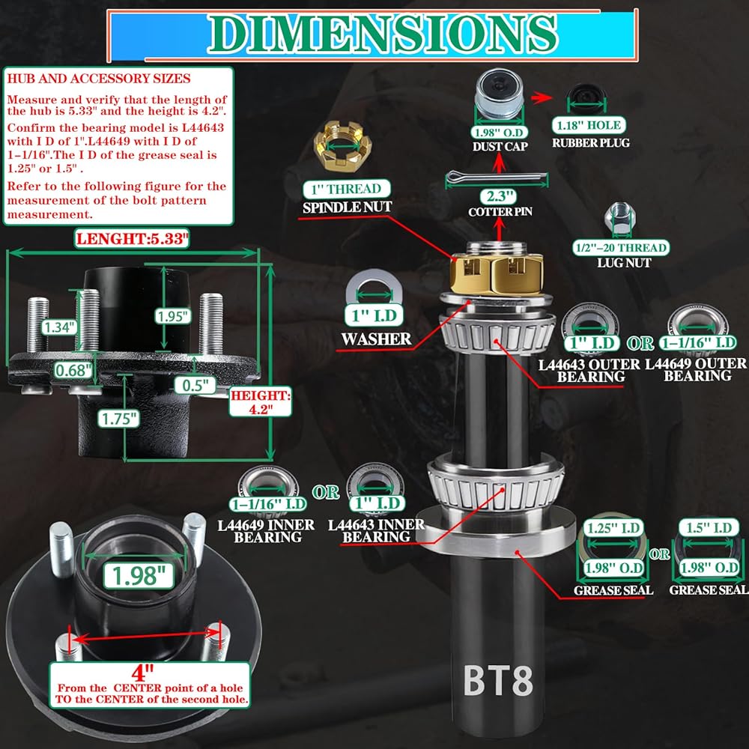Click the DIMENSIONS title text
(x=382, y=34)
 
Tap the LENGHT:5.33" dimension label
(x=132, y=238)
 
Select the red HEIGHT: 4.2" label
(x=261, y=401)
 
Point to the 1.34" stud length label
(x=58, y=327)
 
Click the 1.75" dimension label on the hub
(x=119, y=419)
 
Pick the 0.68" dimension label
(x=73, y=370)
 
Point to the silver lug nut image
(x=620, y=219)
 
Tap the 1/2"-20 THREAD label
(x=620, y=247)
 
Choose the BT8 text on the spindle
(x=498, y=681)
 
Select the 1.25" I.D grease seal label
(x=613, y=528)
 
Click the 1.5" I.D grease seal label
(x=709, y=527)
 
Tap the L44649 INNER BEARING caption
(x=266, y=531)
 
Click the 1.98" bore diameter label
(x=138, y=575)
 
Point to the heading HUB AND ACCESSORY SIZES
(x=99, y=79)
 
